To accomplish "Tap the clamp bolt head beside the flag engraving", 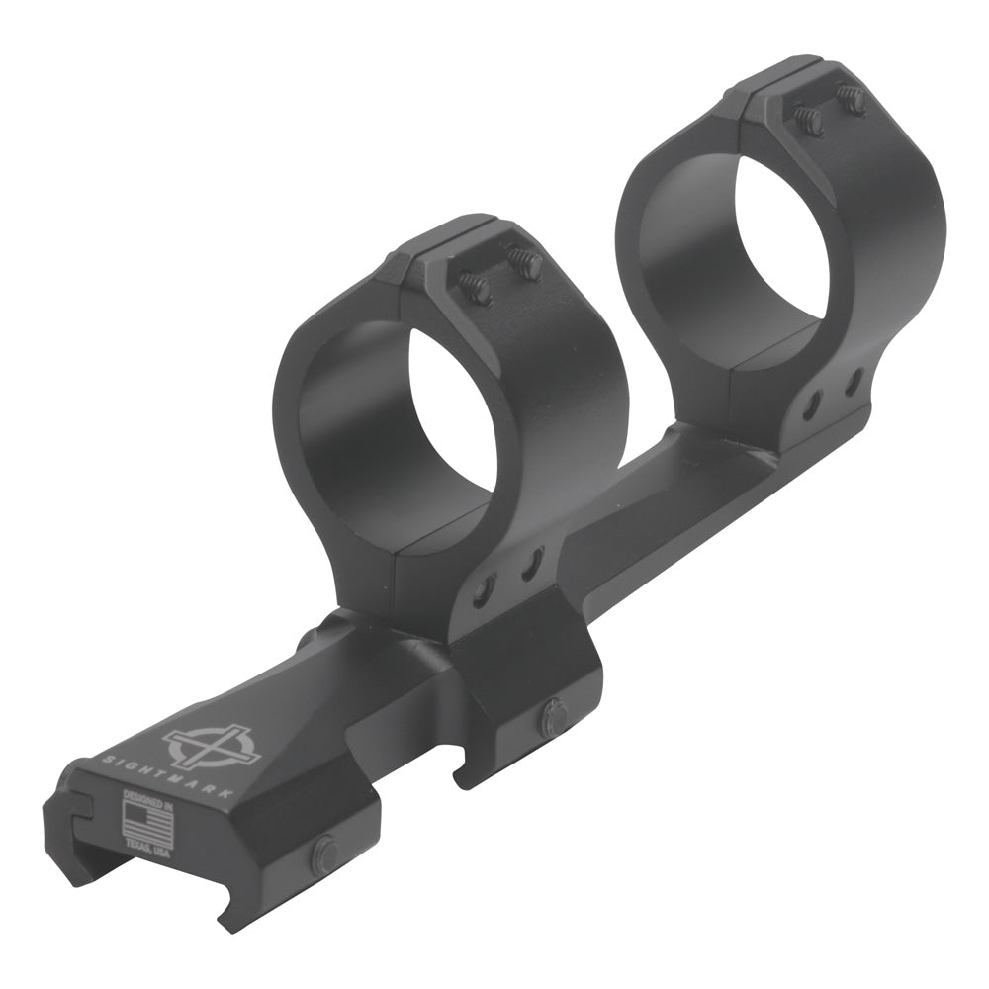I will click(323, 854).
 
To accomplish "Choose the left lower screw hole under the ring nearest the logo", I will click(485, 590).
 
